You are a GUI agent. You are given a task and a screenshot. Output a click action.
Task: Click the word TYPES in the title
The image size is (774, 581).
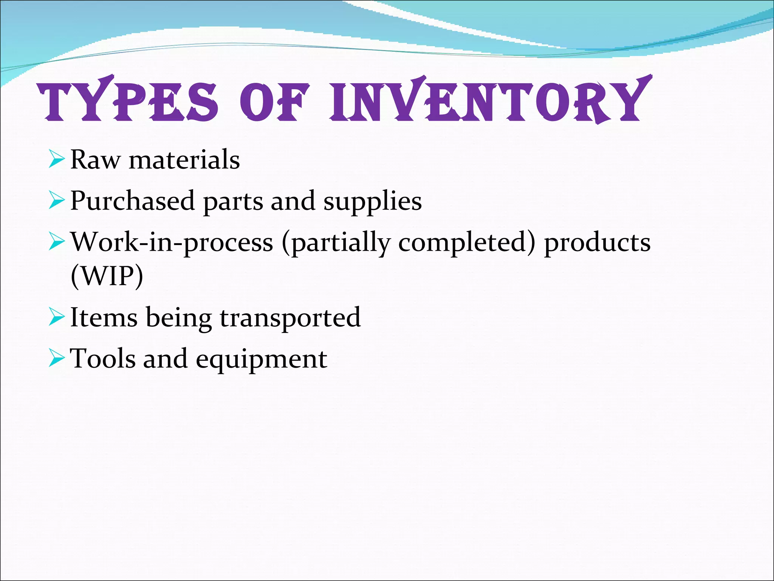point(128,101)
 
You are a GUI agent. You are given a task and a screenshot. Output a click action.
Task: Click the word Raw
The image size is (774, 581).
point(95,160)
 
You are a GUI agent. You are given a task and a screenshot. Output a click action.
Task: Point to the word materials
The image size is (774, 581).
point(184,160)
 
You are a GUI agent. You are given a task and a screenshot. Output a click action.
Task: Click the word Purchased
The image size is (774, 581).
point(132,201)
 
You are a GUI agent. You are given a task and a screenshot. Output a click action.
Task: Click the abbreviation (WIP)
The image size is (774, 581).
point(107,277)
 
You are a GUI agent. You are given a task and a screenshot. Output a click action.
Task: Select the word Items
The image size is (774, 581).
point(104,317)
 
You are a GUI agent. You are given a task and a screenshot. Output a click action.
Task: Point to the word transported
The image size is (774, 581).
point(290,318)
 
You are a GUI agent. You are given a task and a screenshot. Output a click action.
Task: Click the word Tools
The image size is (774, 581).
point(102,359)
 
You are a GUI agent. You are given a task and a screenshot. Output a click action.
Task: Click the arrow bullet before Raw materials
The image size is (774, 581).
point(57,159)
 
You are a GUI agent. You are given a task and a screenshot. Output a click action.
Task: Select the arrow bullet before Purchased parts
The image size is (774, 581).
point(57,201)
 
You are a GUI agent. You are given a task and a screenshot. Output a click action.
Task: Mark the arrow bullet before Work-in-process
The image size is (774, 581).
point(57,242)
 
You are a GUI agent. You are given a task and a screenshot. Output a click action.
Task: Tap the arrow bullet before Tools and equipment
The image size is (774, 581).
point(57,359)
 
